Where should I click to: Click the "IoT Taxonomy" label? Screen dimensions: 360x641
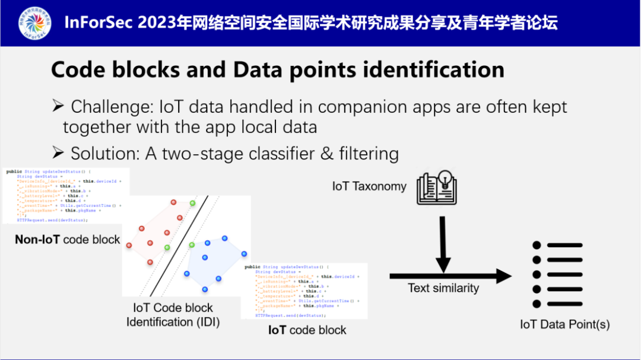(x=369, y=186)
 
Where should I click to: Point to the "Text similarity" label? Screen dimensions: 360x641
(x=443, y=288)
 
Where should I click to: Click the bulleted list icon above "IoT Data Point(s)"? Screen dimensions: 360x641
(x=557, y=275)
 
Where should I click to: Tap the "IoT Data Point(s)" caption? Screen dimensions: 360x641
(x=564, y=324)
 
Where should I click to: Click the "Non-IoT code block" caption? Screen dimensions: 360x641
(x=68, y=240)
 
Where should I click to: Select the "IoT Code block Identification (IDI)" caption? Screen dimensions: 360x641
(x=173, y=315)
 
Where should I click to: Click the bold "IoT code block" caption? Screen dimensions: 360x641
(x=307, y=330)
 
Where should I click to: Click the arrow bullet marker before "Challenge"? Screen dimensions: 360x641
(x=58, y=107)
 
